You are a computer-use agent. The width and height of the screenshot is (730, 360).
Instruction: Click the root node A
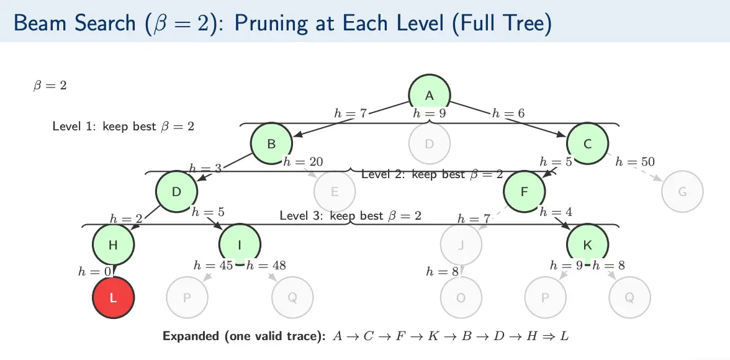[x=429, y=96]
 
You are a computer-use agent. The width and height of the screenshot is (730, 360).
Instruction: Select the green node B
[x=271, y=143]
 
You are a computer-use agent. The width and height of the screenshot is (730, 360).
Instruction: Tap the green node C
[x=587, y=143]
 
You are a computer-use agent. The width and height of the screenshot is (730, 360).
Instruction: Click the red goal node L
[x=113, y=297]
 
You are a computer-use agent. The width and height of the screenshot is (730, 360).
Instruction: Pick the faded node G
[x=682, y=191]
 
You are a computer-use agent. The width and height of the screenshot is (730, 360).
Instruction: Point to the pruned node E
[x=335, y=191]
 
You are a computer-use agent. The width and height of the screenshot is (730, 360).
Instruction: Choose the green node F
[x=525, y=191]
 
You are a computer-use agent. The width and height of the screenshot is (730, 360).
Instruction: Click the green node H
[x=113, y=244]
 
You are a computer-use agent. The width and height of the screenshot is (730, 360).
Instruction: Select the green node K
[x=587, y=244]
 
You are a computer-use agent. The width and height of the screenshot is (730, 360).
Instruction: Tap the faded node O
[x=461, y=297]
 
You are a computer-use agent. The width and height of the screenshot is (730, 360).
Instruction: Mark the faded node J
[x=461, y=244]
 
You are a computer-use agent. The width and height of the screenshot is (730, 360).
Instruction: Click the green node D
[x=176, y=191]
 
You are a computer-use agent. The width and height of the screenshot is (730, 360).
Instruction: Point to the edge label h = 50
[x=635, y=162]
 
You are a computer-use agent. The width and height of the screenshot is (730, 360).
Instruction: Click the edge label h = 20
[x=303, y=162]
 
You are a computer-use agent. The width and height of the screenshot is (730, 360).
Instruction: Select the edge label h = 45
[x=213, y=266]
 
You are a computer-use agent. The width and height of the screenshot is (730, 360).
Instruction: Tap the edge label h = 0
[x=96, y=271]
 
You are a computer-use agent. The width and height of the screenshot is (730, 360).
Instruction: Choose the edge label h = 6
[x=508, y=113]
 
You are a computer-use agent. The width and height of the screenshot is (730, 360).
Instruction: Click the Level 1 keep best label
[x=124, y=126]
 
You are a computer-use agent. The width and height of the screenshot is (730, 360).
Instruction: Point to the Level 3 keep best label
[x=351, y=216]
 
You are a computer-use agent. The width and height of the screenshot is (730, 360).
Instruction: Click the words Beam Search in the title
[x=74, y=24]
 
